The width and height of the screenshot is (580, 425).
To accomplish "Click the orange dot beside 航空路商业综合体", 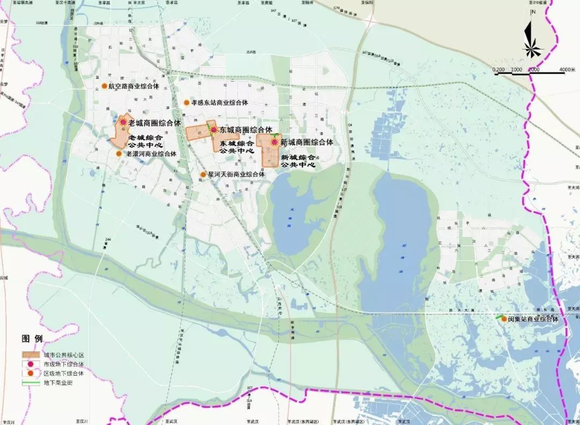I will click(104, 86).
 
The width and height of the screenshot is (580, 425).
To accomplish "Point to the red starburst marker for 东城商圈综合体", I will click(213, 130).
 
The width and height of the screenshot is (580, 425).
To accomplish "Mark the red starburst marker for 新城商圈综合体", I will click(274, 142).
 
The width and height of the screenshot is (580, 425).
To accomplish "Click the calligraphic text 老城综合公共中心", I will click(146, 141).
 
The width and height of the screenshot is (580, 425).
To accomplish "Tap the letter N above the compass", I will click(532, 12).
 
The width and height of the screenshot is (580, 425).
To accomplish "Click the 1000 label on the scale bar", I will click(517, 70).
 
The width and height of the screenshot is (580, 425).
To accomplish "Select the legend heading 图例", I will click(32, 339).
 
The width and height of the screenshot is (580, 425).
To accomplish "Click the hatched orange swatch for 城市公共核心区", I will click(32, 355).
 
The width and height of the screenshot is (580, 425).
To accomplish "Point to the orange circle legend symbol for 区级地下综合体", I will click(32, 373).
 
